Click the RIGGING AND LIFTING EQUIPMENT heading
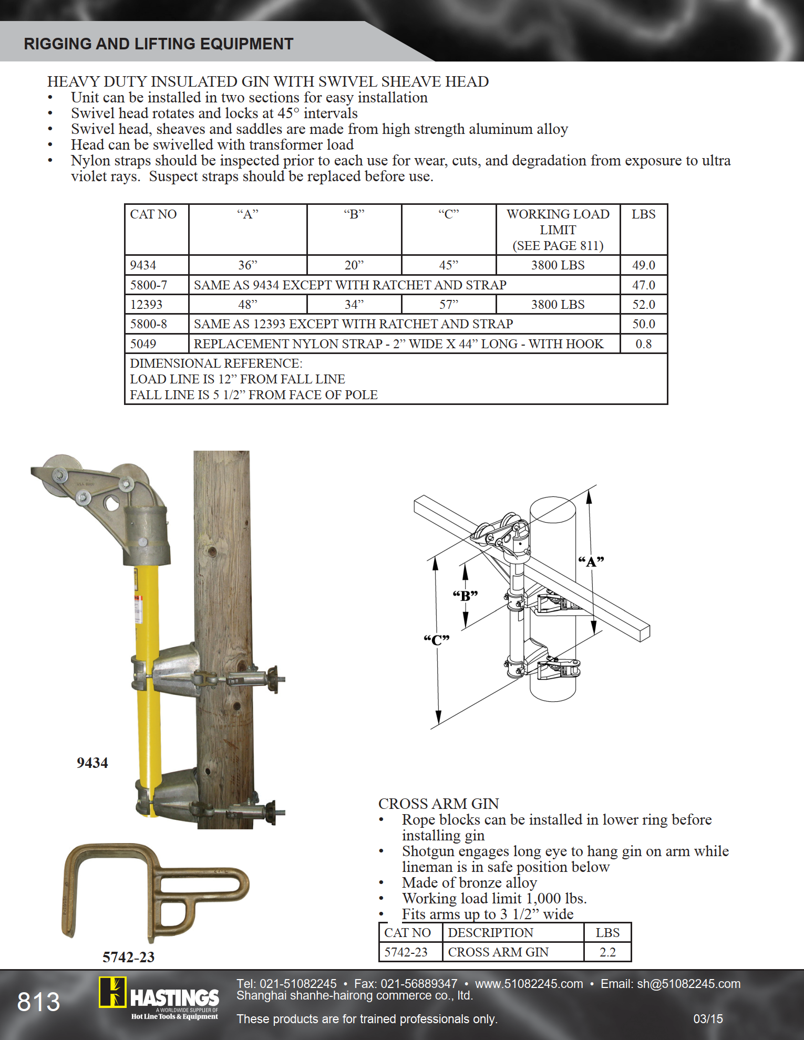tap(158, 44)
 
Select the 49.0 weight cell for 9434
tap(643, 265)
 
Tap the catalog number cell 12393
tap(146, 305)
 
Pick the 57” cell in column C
tap(448, 305)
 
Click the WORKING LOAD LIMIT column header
tap(558, 230)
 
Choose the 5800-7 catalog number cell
tap(149, 285)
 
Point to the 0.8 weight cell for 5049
tap(643, 344)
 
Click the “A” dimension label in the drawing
tap(591, 561)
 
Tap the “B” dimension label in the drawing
tap(465, 596)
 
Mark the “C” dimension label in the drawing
tap(437, 640)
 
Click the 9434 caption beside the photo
tap(92, 763)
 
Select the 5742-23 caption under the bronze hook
tap(128, 957)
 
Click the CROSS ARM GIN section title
tap(438, 804)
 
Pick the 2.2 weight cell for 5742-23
tap(607, 952)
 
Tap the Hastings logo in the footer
tap(159, 998)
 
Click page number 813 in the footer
tap(38, 1002)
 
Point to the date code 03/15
tap(708, 1019)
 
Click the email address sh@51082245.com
tap(688, 984)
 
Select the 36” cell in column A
tap(248, 265)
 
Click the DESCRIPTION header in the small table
tap(490, 933)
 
